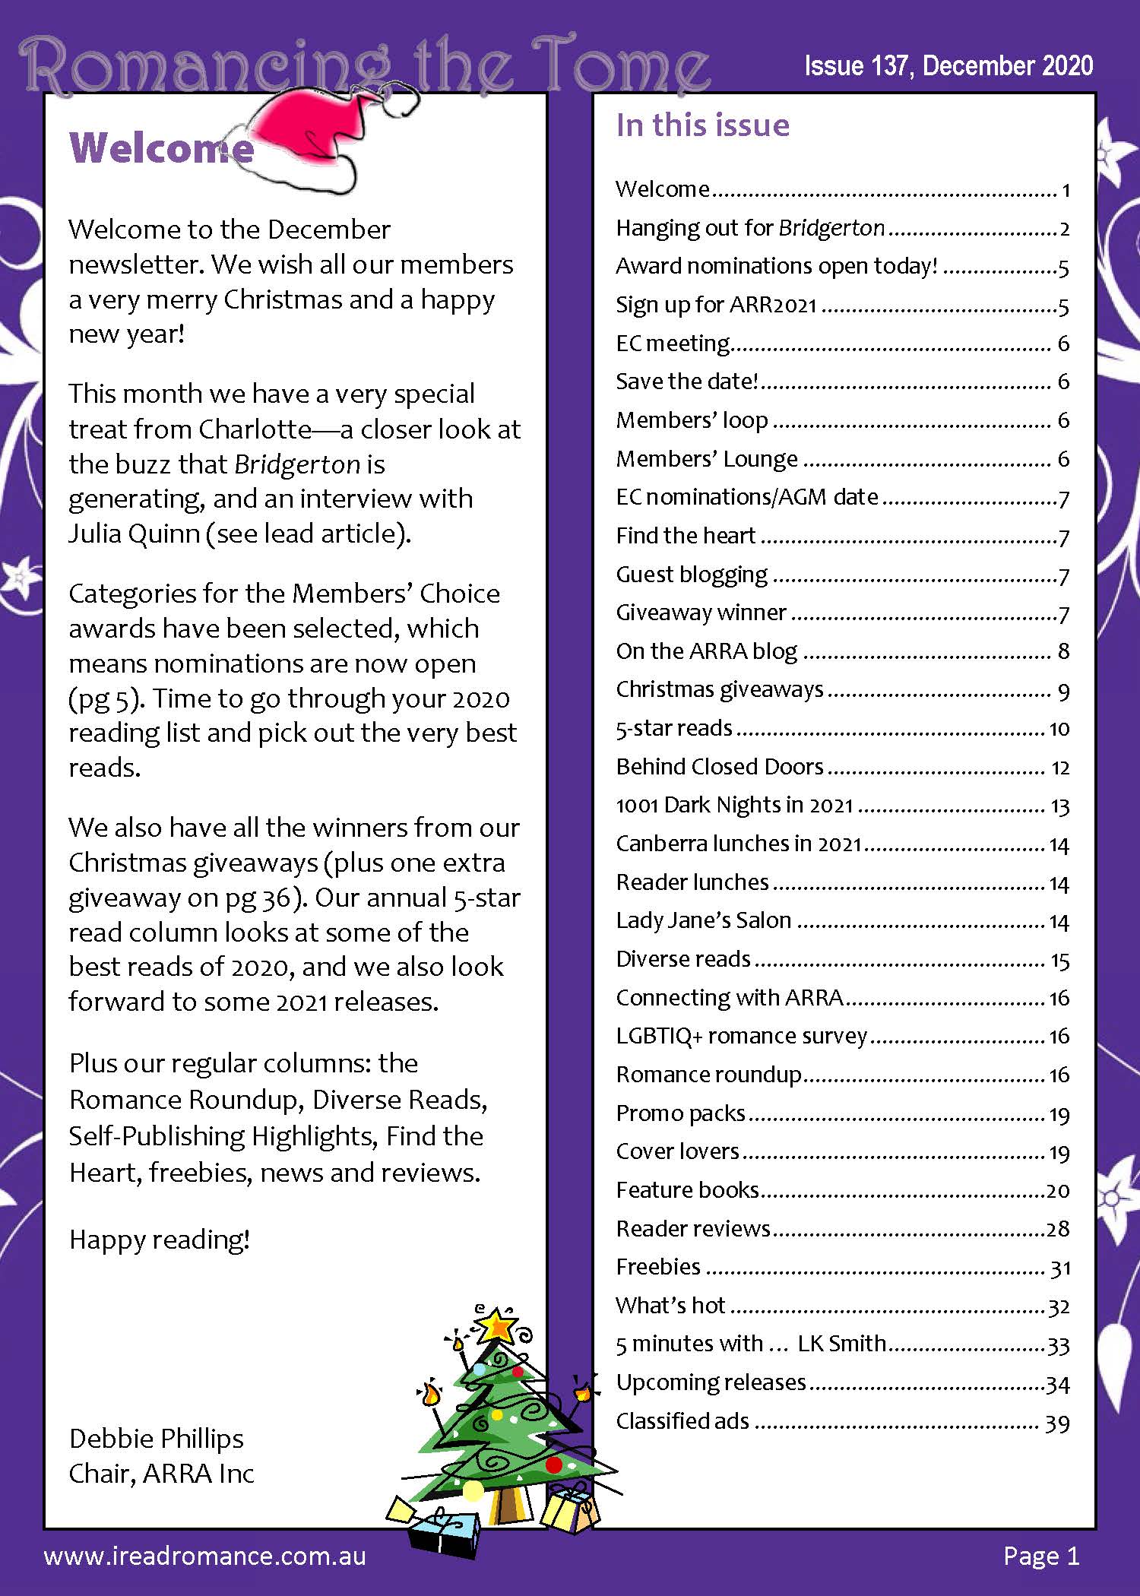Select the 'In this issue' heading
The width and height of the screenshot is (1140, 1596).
click(702, 125)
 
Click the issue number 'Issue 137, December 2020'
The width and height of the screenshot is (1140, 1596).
click(948, 66)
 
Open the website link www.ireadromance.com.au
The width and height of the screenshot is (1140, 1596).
click(205, 1556)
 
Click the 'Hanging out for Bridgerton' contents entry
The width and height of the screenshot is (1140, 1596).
click(750, 228)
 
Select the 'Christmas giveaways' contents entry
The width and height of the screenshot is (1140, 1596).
click(719, 689)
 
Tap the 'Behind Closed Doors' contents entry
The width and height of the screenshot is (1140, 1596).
click(719, 766)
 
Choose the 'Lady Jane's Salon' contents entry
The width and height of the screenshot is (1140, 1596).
click(703, 920)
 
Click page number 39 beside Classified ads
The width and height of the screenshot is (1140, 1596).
click(1057, 1423)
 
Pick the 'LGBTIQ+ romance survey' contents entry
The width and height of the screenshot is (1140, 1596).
click(741, 1036)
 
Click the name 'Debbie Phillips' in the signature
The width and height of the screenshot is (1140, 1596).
click(156, 1438)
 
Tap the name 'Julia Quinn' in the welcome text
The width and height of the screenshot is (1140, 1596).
click(134, 534)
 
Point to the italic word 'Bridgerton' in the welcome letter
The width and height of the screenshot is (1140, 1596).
click(297, 464)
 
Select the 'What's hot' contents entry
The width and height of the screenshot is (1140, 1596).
click(670, 1305)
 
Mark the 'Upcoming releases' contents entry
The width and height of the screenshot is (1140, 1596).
click(711, 1382)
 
